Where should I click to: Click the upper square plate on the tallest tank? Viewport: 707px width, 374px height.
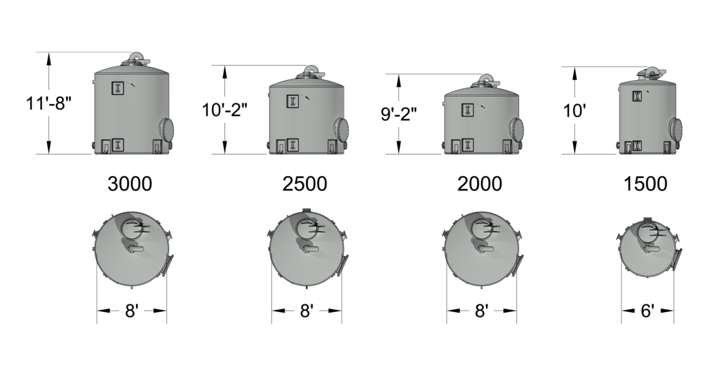(117, 88)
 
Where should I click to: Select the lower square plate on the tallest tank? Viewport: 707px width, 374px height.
(117, 145)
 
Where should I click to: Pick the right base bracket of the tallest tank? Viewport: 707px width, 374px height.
(157, 146)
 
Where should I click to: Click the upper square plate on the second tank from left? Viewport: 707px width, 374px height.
(293, 101)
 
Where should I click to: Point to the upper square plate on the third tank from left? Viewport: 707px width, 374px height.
(467, 110)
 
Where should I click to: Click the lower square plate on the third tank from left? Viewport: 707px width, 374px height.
(467, 145)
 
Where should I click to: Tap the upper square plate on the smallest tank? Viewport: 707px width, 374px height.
(637, 97)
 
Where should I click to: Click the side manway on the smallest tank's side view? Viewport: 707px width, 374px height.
(675, 128)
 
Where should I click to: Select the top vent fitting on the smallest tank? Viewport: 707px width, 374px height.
(650, 72)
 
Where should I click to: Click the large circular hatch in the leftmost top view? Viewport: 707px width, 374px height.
(131, 228)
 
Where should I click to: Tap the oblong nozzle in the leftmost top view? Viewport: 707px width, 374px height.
(132, 247)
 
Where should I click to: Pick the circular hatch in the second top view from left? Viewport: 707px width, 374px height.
(307, 228)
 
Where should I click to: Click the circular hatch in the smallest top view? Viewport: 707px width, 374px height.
(647, 233)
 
